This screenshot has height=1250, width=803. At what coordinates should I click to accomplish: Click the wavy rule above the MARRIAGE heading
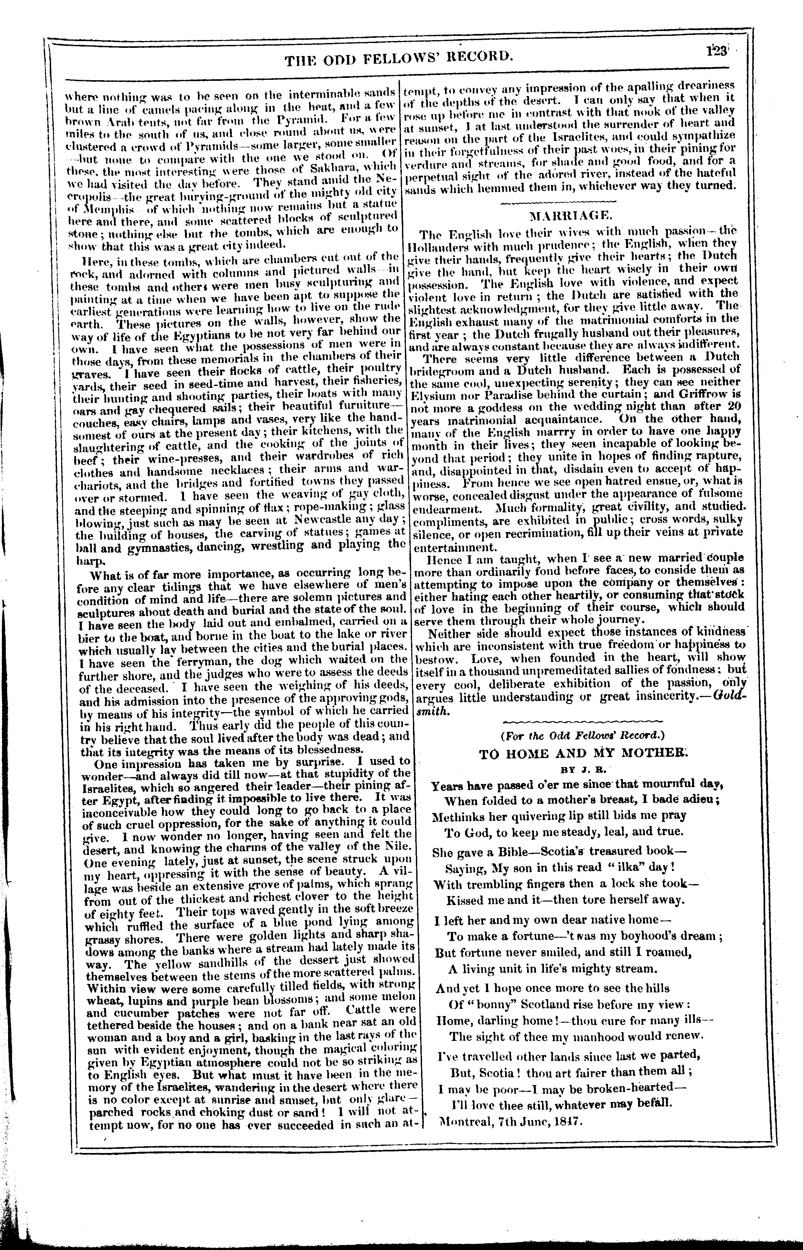tap(558, 201)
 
